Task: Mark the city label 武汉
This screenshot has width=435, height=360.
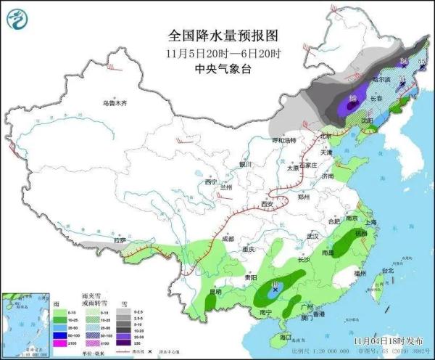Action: coord(313,237)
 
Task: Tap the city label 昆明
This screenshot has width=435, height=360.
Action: coord(215,292)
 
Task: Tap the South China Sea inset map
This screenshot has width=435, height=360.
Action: coord(25,323)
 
